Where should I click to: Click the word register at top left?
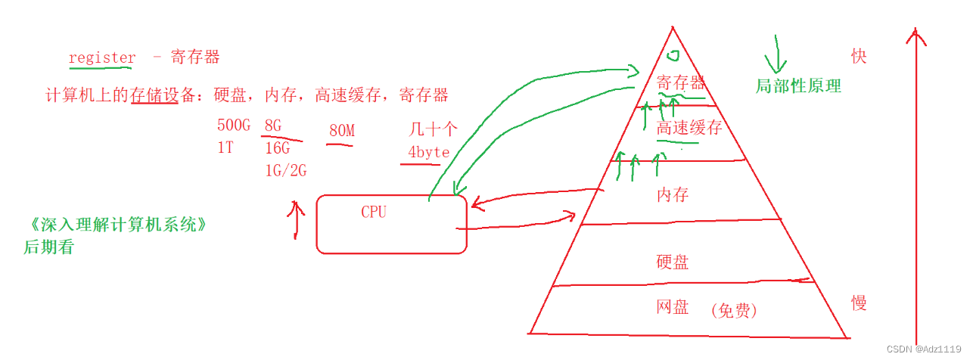pos(102,57)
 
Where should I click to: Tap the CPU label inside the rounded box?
pos(374,212)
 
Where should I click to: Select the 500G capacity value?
pos(233,126)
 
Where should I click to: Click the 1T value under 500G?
pos(225,147)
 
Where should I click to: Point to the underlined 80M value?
pos(341,131)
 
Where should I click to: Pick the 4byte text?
pos(429,152)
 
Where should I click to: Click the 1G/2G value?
pos(285,170)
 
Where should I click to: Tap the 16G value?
pos(277,147)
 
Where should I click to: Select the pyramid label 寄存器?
pos(681,83)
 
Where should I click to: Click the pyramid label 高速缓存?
pos(689,128)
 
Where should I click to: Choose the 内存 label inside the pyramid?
pos(673,194)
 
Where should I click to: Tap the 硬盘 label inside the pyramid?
pos(673,262)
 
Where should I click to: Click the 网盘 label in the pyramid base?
pos(673,307)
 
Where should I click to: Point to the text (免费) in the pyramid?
pos(734,310)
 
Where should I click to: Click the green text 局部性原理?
pos(798,86)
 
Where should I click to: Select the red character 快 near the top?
pos(859,57)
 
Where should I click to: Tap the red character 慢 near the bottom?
pos(859,303)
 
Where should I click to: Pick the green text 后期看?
pos(48,247)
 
